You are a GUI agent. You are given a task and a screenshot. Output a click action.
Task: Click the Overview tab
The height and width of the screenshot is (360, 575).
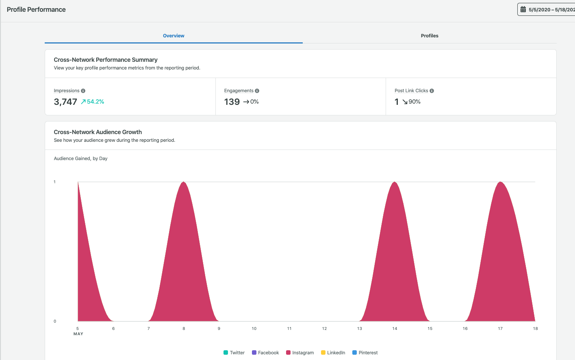[x=174, y=36]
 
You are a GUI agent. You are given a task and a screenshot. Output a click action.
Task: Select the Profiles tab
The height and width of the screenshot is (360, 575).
[x=430, y=36]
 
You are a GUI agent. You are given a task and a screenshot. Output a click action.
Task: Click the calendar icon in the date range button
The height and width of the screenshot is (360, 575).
[x=523, y=9]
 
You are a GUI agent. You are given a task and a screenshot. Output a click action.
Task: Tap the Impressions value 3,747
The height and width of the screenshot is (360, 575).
[x=65, y=102]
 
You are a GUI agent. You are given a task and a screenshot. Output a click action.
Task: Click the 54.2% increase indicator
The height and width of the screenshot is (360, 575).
[x=93, y=102]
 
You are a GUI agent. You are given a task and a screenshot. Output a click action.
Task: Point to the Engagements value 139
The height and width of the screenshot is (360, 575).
[x=232, y=102]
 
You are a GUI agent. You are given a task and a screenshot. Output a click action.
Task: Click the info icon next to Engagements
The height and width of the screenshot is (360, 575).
[x=257, y=91]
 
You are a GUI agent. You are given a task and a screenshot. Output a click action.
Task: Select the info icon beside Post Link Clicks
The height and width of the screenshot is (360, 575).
[x=432, y=91]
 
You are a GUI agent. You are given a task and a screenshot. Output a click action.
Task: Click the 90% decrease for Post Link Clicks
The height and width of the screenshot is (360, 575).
[x=412, y=102]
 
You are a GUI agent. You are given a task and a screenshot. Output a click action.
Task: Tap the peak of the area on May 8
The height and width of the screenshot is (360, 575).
[x=184, y=182]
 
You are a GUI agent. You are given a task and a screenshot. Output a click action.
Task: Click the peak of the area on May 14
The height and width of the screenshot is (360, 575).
[x=395, y=182]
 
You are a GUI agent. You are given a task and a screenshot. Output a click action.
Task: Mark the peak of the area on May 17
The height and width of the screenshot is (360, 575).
[x=500, y=182]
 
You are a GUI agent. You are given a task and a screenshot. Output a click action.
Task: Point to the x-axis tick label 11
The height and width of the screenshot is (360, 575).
[x=289, y=328]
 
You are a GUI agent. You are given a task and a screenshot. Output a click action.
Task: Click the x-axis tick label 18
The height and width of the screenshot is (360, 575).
[x=535, y=328]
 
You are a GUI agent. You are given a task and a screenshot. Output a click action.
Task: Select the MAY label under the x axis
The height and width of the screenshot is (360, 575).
[x=78, y=334]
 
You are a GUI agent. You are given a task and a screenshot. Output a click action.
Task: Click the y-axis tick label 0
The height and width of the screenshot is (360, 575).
[x=55, y=321]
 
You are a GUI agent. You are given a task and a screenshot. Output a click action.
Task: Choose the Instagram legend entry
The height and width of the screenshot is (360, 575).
[x=300, y=353]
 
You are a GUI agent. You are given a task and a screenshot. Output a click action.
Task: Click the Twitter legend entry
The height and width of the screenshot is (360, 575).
[x=234, y=353]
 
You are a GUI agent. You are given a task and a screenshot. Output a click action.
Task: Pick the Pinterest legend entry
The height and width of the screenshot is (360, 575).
[x=365, y=353]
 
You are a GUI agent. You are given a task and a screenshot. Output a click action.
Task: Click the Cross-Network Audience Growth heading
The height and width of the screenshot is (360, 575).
[x=98, y=132]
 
